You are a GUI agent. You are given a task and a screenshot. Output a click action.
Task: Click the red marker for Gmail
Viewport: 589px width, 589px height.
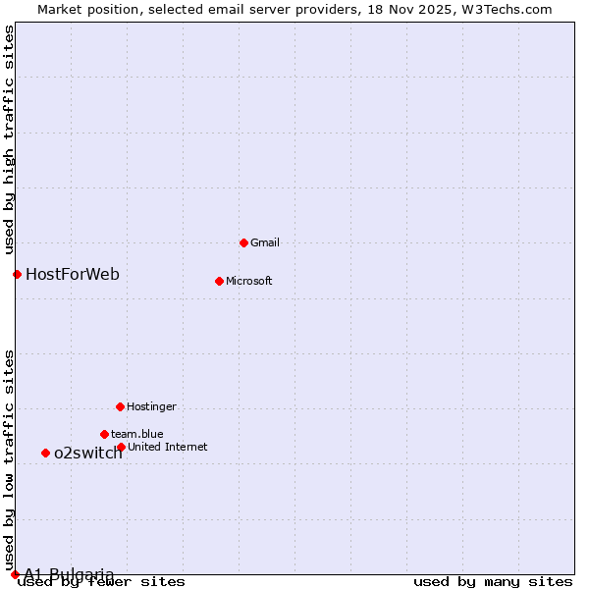click(x=243, y=242)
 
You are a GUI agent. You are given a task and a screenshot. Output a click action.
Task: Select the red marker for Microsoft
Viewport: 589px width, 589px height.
click(x=219, y=281)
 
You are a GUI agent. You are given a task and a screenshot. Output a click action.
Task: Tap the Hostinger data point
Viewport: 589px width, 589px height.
click(x=120, y=406)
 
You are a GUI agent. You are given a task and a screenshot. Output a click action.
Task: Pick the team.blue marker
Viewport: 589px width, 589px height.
click(x=104, y=434)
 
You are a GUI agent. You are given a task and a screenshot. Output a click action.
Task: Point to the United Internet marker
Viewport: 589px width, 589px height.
click(x=121, y=447)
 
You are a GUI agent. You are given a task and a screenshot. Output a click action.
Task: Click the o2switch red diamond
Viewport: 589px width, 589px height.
click(x=45, y=453)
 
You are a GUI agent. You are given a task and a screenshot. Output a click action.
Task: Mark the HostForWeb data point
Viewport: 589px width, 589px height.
click(x=17, y=274)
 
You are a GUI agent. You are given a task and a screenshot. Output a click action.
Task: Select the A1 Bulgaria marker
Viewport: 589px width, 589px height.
click(x=15, y=574)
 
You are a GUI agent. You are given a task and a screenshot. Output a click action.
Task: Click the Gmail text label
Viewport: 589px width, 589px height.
click(x=265, y=242)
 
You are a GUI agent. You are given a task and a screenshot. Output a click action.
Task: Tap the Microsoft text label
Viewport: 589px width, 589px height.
click(x=249, y=281)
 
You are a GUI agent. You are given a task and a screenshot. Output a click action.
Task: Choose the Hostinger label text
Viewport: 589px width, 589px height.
click(x=151, y=406)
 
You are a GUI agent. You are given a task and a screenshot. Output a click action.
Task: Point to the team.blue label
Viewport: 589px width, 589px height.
click(x=136, y=434)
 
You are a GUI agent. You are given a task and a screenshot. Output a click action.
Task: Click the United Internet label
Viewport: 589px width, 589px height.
click(x=167, y=447)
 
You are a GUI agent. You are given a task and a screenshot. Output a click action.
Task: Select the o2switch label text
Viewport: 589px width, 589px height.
click(x=88, y=453)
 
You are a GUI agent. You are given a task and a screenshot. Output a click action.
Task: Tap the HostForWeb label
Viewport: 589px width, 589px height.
click(x=73, y=274)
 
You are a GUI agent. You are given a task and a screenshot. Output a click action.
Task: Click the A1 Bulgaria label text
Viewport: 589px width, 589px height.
click(x=69, y=574)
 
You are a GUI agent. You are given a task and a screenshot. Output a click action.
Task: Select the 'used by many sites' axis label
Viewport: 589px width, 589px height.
click(x=492, y=582)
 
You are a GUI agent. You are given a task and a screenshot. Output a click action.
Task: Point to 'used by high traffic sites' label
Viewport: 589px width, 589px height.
click(x=10, y=137)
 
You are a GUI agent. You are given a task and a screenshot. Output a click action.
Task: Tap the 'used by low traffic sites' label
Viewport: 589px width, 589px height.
click(x=10, y=459)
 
